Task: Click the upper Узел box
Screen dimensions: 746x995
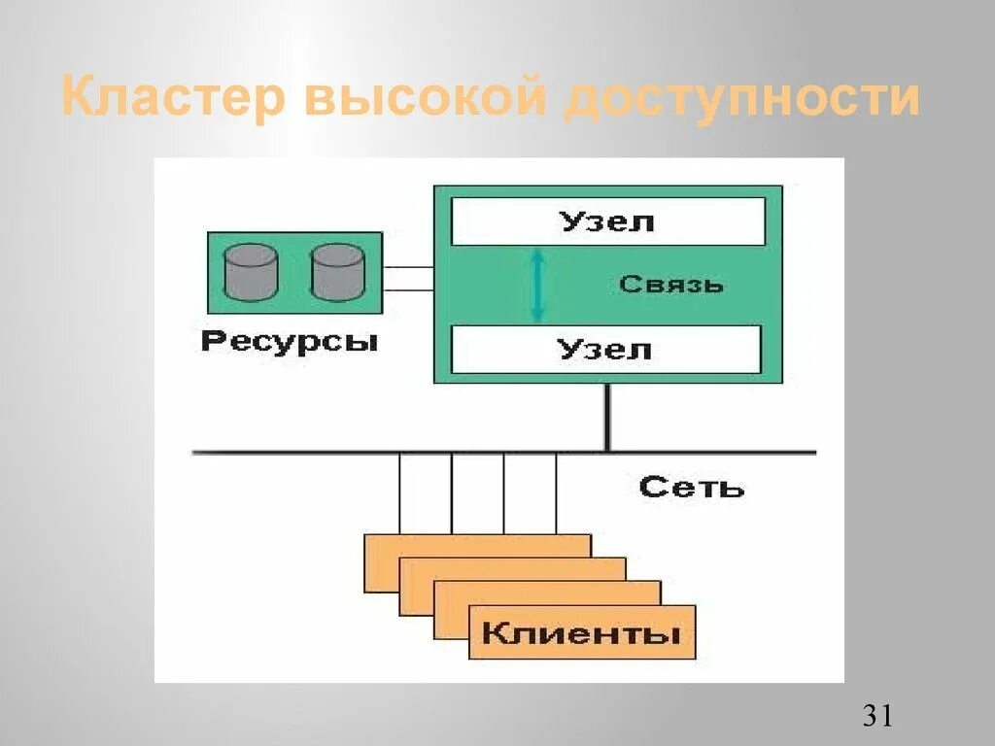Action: [x=608, y=221]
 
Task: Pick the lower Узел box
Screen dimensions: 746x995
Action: [x=606, y=349]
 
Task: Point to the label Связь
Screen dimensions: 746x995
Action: [x=671, y=285]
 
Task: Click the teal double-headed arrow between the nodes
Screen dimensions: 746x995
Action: [x=537, y=285]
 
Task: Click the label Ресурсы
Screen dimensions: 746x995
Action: [x=290, y=342]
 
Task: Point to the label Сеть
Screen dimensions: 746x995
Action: [x=692, y=487]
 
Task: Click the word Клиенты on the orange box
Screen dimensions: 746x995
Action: [x=581, y=635]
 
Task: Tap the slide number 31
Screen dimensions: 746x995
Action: [x=876, y=717]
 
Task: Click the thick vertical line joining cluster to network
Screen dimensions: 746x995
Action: [x=607, y=418]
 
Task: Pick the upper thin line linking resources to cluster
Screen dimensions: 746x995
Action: [x=408, y=267]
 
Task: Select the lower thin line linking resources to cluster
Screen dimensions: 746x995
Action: [x=408, y=289]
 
